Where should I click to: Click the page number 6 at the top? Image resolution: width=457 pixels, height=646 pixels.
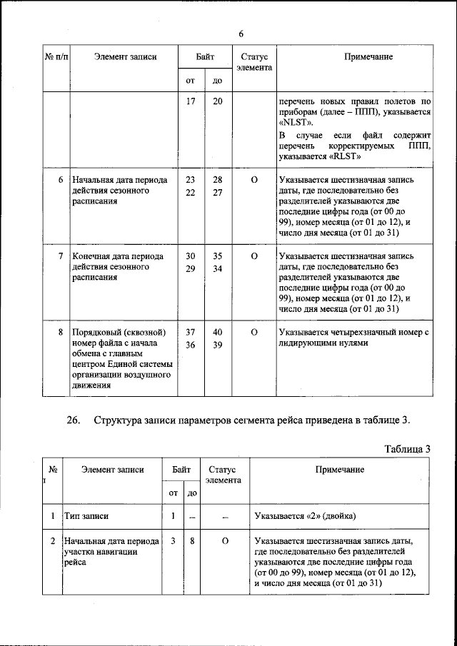pyautogui.click(x=241, y=34)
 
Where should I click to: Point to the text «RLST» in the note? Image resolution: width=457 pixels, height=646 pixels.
pyautogui.click(x=348, y=156)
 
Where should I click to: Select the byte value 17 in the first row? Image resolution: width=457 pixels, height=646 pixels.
pyautogui.click(x=191, y=101)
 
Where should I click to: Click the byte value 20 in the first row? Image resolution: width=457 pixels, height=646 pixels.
pyautogui.click(x=217, y=101)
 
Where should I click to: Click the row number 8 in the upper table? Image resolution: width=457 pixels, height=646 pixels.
pyautogui.click(x=62, y=332)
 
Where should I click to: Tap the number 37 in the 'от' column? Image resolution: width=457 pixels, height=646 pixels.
pyautogui.click(x=191, y=332)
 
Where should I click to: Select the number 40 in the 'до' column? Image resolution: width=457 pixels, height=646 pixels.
pyautogui.click(x=217, y=332)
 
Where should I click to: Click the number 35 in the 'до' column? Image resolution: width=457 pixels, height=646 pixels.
pyautogui.click(x=217, y=256)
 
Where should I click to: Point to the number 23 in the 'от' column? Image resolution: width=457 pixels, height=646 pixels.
pyautogui.click(x=191, y=180)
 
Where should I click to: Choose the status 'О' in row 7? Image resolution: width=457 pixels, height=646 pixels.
pyautogui.click(x=253, y=256)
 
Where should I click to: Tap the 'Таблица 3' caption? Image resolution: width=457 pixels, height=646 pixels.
pyautogui.click(x=407, y=449)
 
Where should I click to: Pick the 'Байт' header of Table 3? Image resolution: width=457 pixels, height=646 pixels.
pyautogui.click(x=181, y=469)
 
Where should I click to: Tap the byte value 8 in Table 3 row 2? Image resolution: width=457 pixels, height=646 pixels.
pyautogui.click(x=192, y=541)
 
